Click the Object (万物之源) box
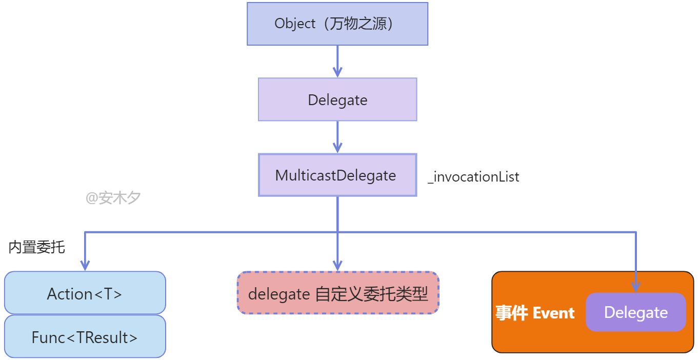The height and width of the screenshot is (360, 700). click(x=337, y=24)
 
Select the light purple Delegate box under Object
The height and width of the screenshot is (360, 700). click(x=337, y=99)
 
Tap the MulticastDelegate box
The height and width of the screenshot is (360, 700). click(x=337, y=175)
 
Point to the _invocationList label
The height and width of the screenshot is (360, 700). click(x=473, y=177)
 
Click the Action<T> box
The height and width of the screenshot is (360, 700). click(x=85, y=293)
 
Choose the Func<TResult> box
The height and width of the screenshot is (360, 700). click(x=85, y=336)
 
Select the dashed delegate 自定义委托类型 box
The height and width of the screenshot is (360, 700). click(x=338, y=293)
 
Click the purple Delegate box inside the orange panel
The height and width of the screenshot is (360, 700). click(x=636, y=312)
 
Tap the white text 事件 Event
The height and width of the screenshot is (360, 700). click(x=535, y=313)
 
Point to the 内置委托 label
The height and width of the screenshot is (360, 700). click(x=37, y=247)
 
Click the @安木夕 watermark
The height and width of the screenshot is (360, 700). click(x=113, y=197)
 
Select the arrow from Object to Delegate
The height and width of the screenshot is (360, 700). click(x=337, y=62)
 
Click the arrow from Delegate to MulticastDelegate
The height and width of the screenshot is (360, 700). click(x=337, y=137)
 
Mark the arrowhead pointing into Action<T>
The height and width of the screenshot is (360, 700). click(x=85, y=266)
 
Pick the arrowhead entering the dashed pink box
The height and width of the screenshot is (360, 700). click(x=337, y=266)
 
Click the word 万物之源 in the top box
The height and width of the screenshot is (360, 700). click(x=358, y=24)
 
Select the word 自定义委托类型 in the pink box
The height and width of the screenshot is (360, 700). click(x=372, y=294)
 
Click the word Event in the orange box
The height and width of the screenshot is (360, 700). click(x=554, y=313)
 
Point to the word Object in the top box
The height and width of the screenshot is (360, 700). click(x=295, y=24)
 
